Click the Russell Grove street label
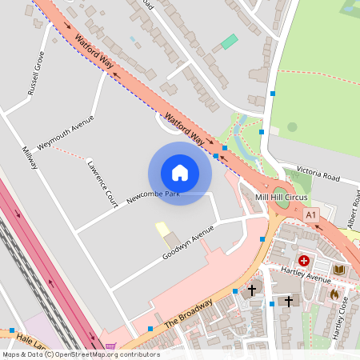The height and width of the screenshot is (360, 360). pyautogui.click(x=37, y=74)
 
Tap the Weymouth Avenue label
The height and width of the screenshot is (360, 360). pyautogui.click(x=65, y=133)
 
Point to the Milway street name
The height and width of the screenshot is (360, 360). pyautogui.click(x=30, y=157)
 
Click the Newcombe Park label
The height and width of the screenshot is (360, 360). pyautogui.click(x=152, y=194)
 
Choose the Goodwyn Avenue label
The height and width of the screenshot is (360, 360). pyautogui.click(x=188, y=242)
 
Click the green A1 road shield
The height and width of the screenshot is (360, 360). pyautogui.click(x=311, y=214)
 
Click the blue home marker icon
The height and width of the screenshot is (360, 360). pyautogui.click(x=179, y=173)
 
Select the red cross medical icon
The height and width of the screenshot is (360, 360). pyautogui.click(x=304, y=260)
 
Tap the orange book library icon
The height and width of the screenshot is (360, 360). pyautogui.click(x=339, y=270)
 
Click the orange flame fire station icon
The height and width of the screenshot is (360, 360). pyautogui.click(x=334, y=294)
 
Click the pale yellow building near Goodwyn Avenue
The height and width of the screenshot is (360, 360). pyautogui.click(x=162, y=230)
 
